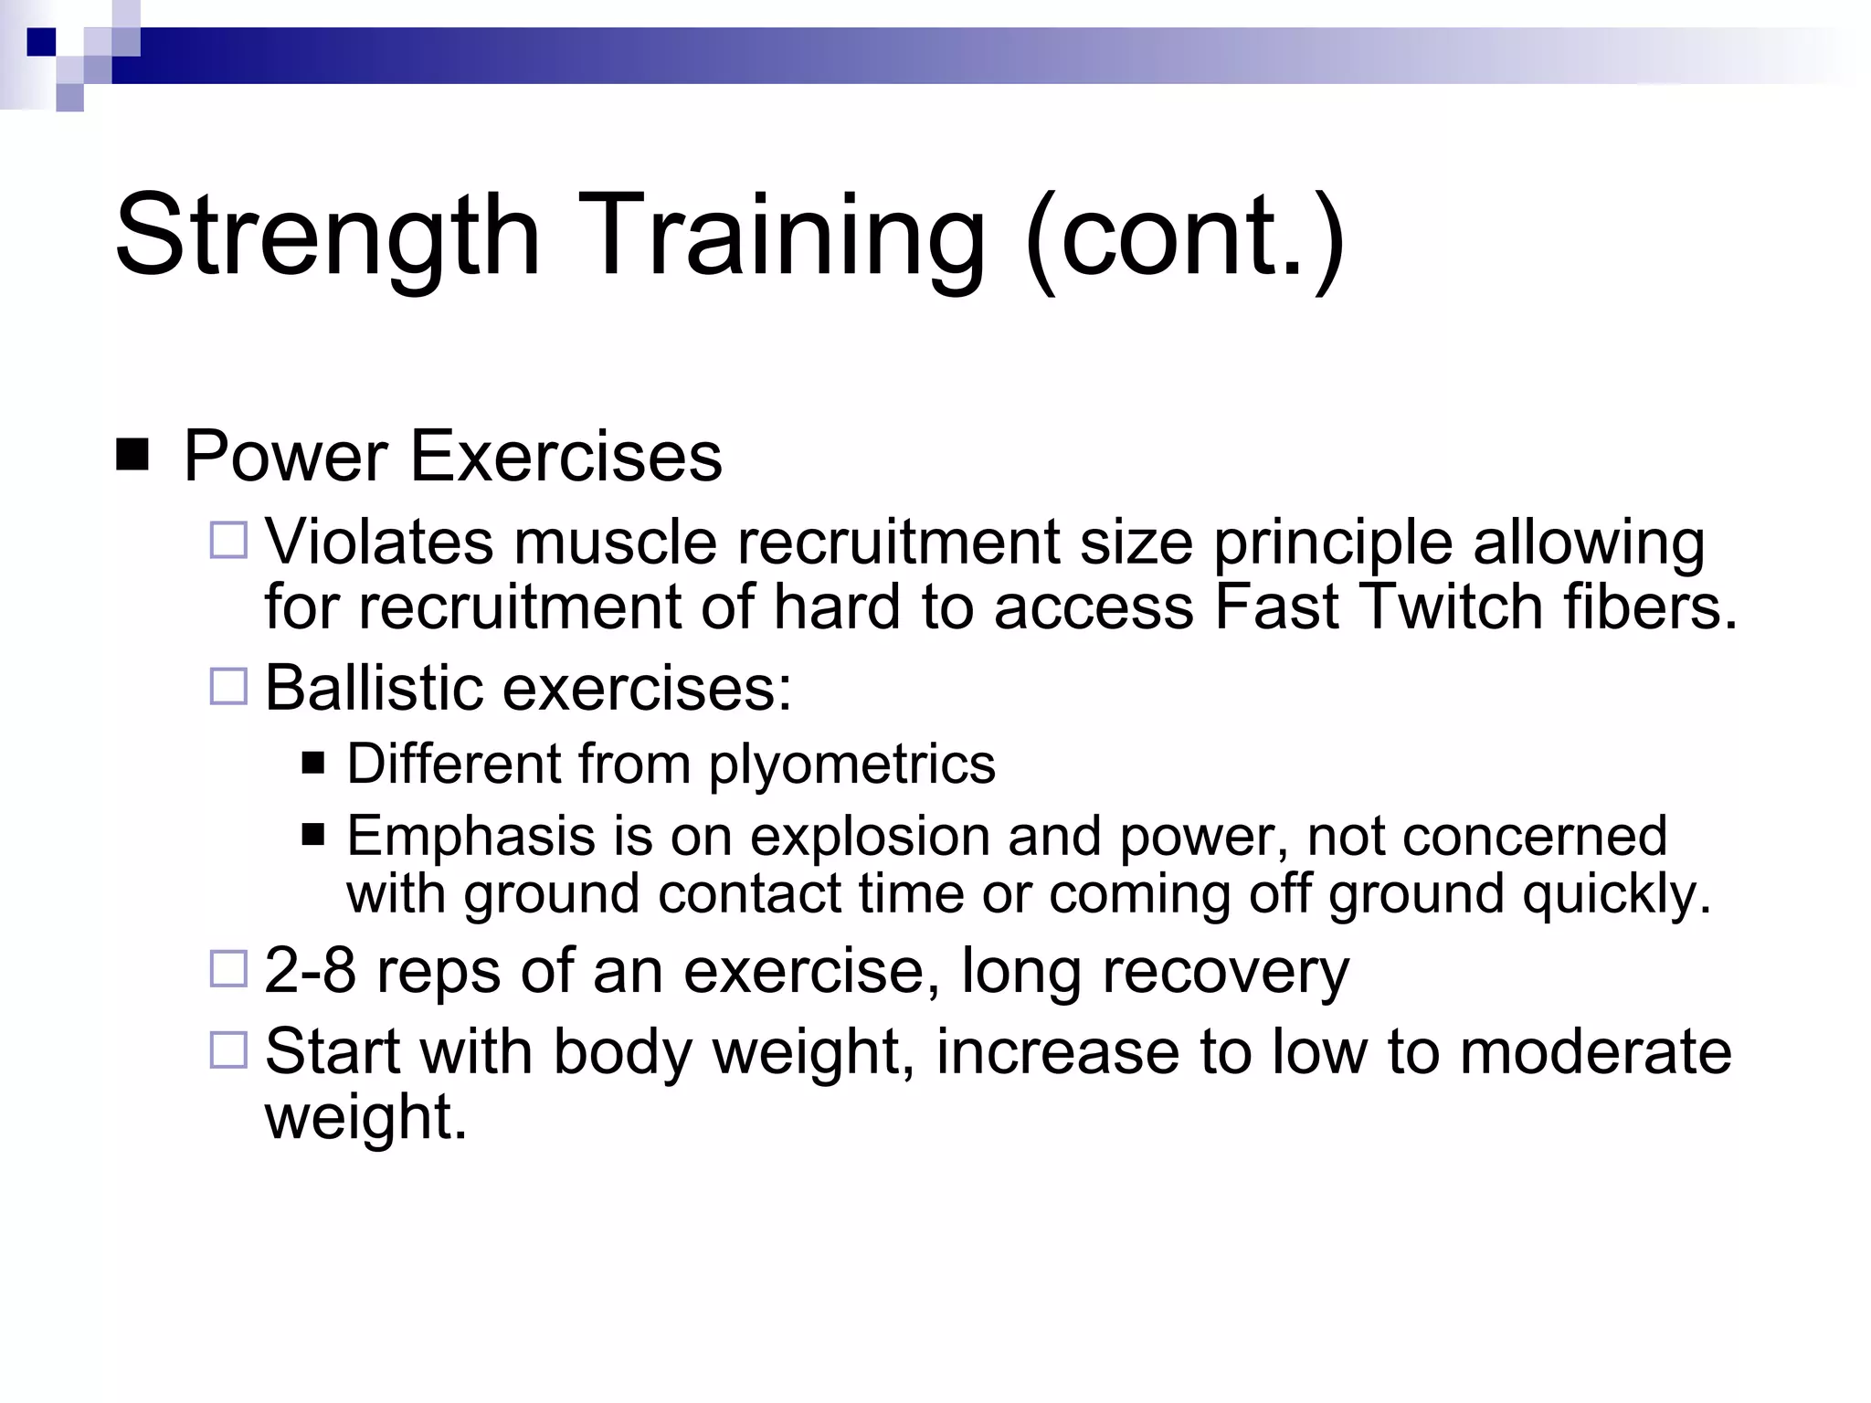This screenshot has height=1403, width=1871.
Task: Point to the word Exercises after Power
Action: tap(566, 456)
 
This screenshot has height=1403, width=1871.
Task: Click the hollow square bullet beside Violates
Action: tap(228, 541)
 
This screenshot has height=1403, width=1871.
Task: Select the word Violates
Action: tap(379, 543)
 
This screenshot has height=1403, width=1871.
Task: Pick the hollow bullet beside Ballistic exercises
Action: tap(228, 686)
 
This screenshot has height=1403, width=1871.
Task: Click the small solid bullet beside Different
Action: tap(313, 763)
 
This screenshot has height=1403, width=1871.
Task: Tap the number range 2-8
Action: tap(310, 970)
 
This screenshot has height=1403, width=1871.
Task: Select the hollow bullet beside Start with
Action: tap(228, 1050)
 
